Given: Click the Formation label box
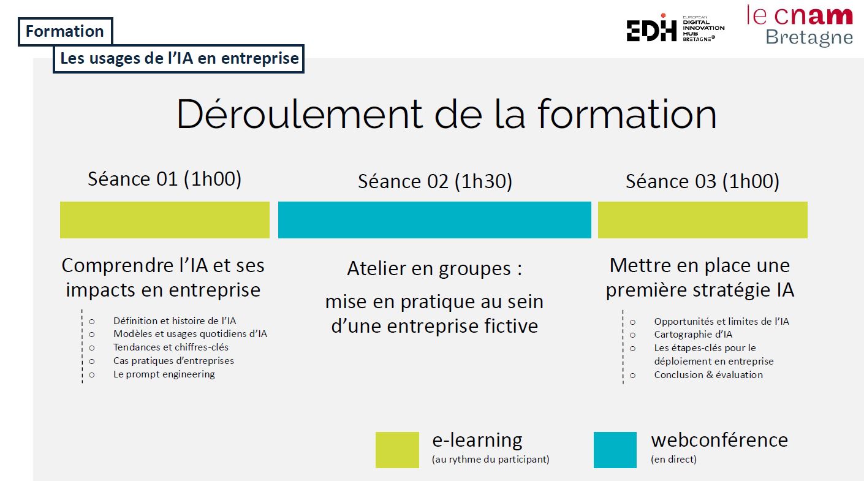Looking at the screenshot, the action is [x=65, y=31].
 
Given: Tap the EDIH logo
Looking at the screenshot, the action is [x=675, y=28].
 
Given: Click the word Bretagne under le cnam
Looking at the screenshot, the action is [x=809, y=38].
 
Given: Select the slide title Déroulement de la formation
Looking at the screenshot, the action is [x=446, y=114].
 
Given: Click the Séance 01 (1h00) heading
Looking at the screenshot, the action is [x=164, y=179].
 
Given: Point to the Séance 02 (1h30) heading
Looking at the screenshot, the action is [x=434, y=181].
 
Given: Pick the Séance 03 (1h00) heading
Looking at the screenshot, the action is [x=702, y=181].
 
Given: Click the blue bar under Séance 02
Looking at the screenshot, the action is [x=434, y=220].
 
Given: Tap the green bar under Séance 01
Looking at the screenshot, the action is [x=165, y=220].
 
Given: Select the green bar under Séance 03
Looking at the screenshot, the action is [x=702, y=220].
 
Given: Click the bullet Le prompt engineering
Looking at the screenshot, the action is [x=164, y=374].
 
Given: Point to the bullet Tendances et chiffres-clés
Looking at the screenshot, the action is [x=171, y=347].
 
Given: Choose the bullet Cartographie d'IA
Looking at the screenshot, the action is [x=693, y=335].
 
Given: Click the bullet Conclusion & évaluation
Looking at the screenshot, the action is [x=708, y=375].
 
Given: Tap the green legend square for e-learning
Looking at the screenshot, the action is [x=397, y=450].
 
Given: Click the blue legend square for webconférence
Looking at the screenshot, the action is [x=615, y=450].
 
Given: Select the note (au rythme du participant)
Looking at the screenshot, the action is [x=491, y=460].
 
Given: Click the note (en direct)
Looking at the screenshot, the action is [x=673, y=460].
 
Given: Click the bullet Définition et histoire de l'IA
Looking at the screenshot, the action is [x=175, y=321].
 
